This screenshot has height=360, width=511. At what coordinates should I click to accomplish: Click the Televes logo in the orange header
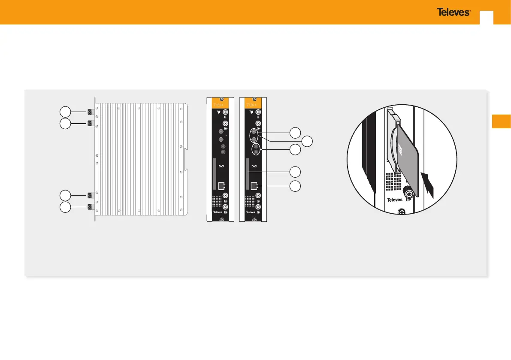453,12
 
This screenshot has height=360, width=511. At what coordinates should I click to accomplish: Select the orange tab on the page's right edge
501,121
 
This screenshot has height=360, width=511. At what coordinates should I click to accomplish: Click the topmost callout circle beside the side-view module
65,112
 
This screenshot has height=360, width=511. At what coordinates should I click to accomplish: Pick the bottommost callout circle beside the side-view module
65,208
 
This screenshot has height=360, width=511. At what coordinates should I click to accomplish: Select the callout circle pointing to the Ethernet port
295,186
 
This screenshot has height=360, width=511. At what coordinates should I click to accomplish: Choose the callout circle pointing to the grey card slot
295,172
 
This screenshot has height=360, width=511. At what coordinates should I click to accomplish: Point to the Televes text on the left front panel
218,212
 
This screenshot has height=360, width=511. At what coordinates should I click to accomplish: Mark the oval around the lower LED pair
256,149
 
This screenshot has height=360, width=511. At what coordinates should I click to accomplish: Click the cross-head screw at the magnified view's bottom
402,212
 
